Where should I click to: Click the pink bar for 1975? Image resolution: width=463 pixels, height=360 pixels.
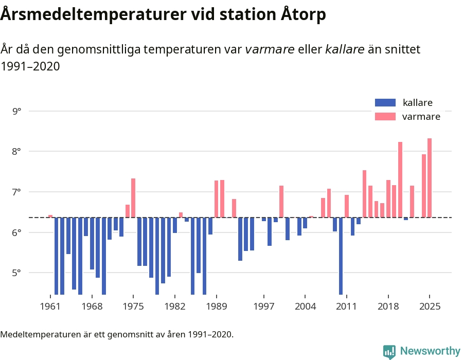(133, 198)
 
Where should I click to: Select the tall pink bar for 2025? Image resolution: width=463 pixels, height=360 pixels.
(430, 178)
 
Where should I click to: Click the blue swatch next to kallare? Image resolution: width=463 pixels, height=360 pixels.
(385, 103)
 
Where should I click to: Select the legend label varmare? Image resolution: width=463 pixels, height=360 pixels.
(421, 117)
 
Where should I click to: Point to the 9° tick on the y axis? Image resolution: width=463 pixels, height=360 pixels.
(16, 111)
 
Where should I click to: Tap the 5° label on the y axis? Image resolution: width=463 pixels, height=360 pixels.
(16, 273)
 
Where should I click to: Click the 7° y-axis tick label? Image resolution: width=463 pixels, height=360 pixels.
(16, 192)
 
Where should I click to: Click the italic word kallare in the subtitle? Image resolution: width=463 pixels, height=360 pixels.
(345, 49)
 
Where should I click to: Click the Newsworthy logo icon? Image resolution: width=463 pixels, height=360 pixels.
(389, 351)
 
